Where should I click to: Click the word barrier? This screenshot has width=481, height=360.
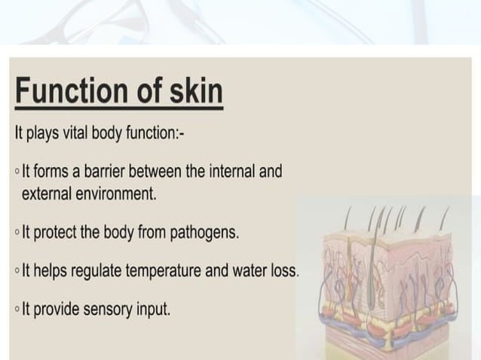tap(108, 172)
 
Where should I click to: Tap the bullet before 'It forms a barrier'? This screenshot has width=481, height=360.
tap(17, 172)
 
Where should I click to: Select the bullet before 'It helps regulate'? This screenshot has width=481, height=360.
tap(17, 270)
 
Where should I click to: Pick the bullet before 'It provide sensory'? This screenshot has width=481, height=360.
tap(17, 308)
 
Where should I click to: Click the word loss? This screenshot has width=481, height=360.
tap(286, 270)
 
